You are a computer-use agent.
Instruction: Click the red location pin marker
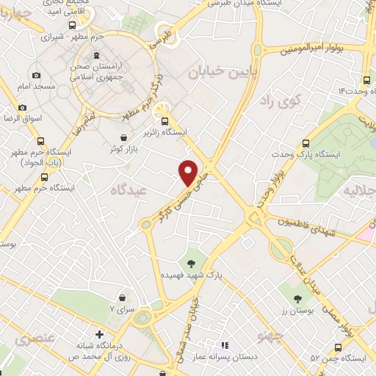click(189, 172)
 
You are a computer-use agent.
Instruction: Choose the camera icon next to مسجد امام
click(36, 75)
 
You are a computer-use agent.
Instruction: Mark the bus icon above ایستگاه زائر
click(165, 121)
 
